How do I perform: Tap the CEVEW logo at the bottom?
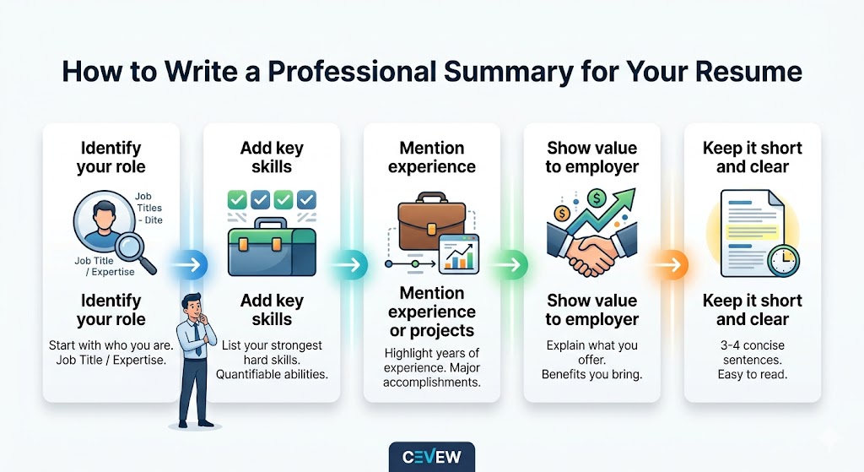[431, 457]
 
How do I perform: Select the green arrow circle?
[508, 266]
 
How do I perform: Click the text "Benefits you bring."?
[592, 374]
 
